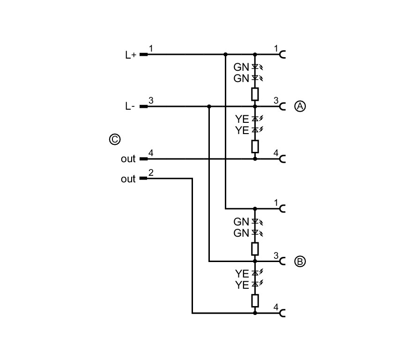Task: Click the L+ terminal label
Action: tap(131, 55)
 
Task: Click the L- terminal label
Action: tap(130, 106)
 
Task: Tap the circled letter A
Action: tap(300, 106)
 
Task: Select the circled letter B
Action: tap(300, 262)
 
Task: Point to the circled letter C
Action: tap(115, 139)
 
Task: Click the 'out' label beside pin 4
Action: tap(128, 159)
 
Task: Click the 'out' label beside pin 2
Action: tap(128, 179)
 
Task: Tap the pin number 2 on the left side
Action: tap(151, 172)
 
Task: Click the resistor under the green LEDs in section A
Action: tap(255, 94)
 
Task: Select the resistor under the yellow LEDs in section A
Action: tap(255, 147)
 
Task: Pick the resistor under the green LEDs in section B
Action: tap(255, 249)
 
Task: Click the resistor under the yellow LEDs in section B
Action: tap(255, 300)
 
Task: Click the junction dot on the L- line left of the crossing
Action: tap(209, 106)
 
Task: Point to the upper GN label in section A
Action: tap(241, 67)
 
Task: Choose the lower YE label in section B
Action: tap(242, 285)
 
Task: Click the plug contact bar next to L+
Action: tap(143, 54)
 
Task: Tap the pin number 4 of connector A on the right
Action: tap(276, 153)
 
